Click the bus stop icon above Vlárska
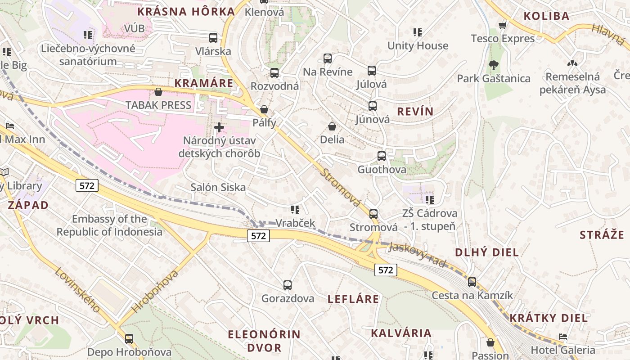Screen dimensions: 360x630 pyautogui.click(x=213, y=38)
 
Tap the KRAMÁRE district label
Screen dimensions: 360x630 pyautogui.click(x=204, y=83)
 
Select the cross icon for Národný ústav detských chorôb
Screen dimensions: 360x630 pyautogui.click(x=219, y=127)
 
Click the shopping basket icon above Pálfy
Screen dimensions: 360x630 pyautogui.click(x=264, y=109)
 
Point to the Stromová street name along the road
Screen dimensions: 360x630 pyautogui.click(x=342, y=188)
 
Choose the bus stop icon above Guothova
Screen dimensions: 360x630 pyautogui.click(x=382, y=156)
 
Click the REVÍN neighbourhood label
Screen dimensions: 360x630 pyautogui.click(x=415, y=112)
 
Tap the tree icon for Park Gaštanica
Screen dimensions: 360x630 pyautogui.click(x=493, y=65)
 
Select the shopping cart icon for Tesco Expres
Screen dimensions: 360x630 pyautogui.click(x=503, y=25)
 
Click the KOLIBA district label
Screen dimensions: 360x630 pyautogui.click(x=546, y=16)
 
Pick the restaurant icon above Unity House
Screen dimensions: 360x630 pyautogui.click(x=418, y=32)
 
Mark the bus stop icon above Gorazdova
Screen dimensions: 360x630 pyautogui.click(x=288, y=285)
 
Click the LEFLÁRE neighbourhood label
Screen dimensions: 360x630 pyautogui.click(x=353, y=299)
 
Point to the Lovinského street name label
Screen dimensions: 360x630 pyautogui.click(x=77, y=289)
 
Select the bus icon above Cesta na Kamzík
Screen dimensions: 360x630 pyautogui.click(x=472, y=282)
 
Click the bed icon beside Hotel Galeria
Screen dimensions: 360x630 pyautogui.click(x=562, y=337)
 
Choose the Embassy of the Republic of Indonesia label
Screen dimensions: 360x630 pyautogui.click(x=109, y=225)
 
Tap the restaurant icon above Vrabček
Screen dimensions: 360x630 pyautogui.click(x=295, y=209)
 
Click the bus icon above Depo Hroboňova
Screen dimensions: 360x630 pyautogui.click(x=129, y=338)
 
